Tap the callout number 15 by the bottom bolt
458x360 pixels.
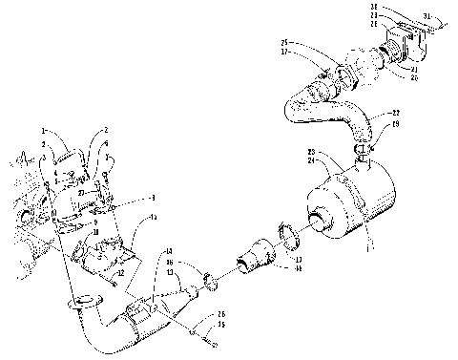[222, 325]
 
